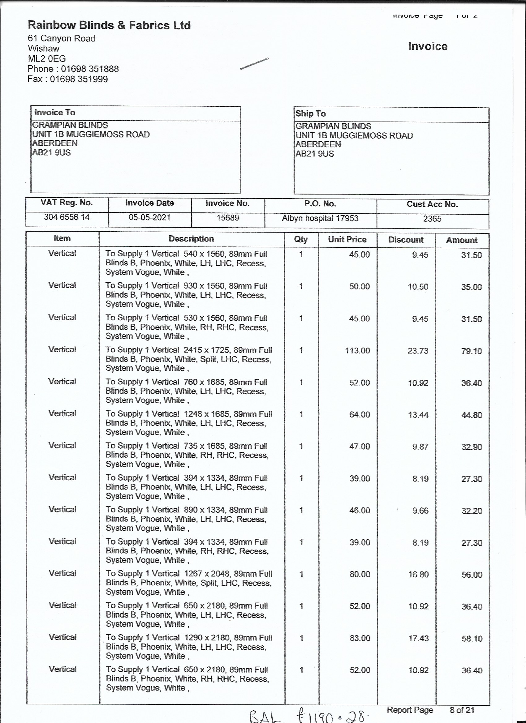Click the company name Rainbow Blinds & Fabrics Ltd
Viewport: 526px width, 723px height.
coord(109,25)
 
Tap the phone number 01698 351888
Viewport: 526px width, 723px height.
coord(90,69)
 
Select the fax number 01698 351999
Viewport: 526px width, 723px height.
coord(79,79)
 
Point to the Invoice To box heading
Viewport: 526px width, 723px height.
coord(54,113)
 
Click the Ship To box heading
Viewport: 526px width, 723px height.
coord(310,114)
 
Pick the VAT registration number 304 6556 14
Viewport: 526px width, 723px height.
coord(67,217)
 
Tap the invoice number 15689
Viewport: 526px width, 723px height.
coord(227,218)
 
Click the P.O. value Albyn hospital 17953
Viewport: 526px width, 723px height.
coord(320,218)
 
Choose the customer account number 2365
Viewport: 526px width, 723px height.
coord(432,219)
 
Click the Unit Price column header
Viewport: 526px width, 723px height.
coord(347,239)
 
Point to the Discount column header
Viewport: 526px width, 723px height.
coord(406,240)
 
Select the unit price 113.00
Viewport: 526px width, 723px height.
coord(357,351)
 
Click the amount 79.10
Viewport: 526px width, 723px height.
coord(472,351)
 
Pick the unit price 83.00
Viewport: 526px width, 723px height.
coord(360,638)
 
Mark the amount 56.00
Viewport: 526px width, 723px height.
coord(472,575)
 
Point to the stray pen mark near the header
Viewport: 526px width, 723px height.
coord(254,63)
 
